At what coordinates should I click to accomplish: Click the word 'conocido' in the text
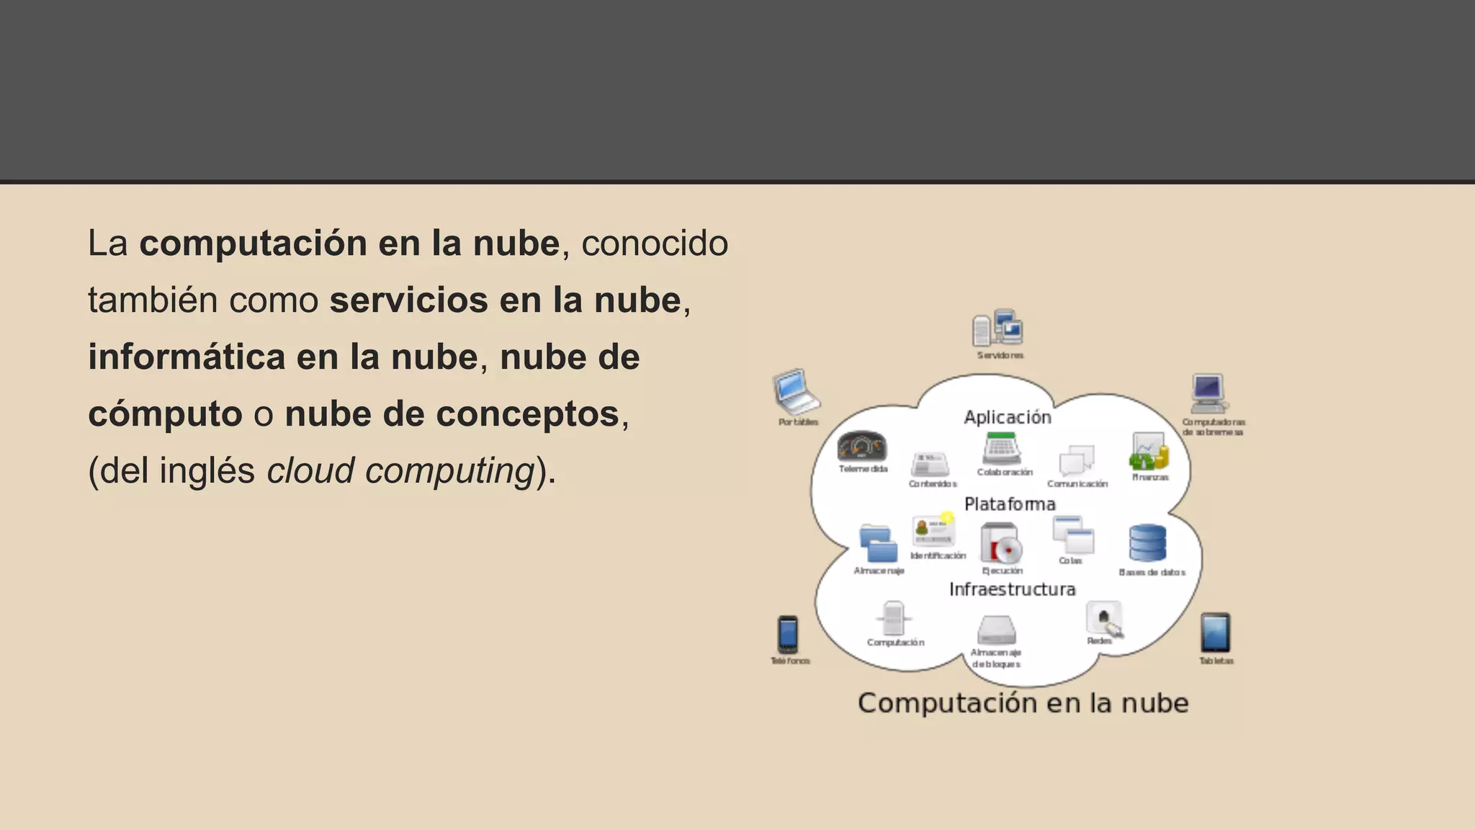pos(654,244)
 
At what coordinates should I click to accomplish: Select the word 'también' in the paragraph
pos(153,300)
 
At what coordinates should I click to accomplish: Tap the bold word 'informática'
pos(187,357)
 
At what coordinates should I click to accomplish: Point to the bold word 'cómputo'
pos(165,414)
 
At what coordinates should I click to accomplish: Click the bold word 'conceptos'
pos(528,414)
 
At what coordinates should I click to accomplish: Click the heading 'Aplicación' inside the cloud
pos(1008,417)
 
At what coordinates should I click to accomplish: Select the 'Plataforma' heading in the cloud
pos(1010,504)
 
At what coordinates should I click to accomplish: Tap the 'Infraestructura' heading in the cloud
pos(1012,589)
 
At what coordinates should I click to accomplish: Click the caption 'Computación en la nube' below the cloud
pos(1023,703)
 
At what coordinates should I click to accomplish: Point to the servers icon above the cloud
pos(997,329)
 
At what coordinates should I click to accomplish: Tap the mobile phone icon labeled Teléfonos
pos(788,634)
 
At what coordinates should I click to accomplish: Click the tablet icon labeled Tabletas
pos(1216,633)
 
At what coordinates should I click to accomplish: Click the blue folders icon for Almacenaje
pos(879,544)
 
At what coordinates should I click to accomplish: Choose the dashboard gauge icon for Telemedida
pos(862,447)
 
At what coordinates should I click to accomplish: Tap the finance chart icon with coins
pos(1149,452)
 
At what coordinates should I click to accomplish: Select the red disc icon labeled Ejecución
pos(1001,543)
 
